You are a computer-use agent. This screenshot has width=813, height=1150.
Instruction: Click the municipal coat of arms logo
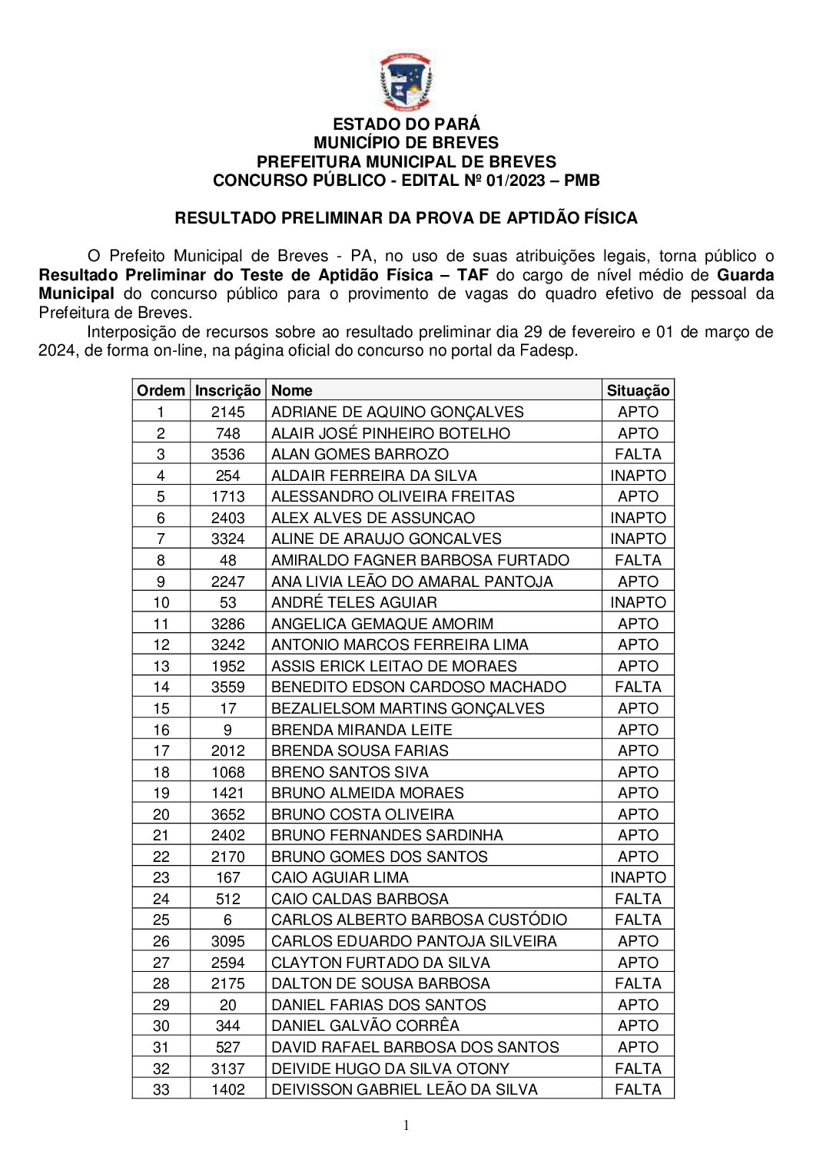tap(406, 82)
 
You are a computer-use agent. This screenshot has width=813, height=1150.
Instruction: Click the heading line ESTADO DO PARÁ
tap(406, 124)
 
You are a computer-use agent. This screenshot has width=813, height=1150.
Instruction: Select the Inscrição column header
tap(227, 390)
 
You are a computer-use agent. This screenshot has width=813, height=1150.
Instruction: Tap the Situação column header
tap(638, 390)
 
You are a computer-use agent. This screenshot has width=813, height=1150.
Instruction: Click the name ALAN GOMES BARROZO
tap(360, 454)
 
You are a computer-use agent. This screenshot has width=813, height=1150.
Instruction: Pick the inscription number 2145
tap(227, 412)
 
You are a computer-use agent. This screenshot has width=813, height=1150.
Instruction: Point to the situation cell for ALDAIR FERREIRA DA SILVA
tap(638, 476)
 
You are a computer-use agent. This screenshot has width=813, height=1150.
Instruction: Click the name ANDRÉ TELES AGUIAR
tap(353, 602)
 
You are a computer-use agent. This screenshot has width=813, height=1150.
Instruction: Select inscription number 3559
tap(227, 687)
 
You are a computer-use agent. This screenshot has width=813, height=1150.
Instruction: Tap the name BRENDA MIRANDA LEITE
tap(361, 730)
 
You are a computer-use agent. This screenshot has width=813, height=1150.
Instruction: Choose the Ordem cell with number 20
tap(161, 814)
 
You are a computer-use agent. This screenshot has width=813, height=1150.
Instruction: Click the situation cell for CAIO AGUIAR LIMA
tap(638, 877)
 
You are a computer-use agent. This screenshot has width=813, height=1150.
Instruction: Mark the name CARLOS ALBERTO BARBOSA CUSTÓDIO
tap(419, 920)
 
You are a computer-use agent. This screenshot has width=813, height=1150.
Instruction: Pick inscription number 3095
tap(227, 941)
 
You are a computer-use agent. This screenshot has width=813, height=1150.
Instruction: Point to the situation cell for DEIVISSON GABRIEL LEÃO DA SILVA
tap(638, 1089)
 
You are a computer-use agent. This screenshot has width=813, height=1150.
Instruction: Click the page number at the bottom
tap(406, 1125)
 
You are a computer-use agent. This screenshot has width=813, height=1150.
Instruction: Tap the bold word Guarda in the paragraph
tap(745, 275)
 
